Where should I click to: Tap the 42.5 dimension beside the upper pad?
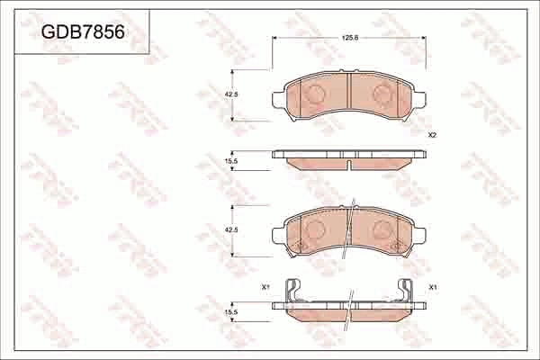(x=230, y=94)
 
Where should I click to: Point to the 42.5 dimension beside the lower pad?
(x=230, y=230)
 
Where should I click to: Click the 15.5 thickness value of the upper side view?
(x=230, y=160)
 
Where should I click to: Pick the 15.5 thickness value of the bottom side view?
(x=230, y=311)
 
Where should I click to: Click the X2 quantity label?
(x=432, y=135)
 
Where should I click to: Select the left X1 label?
(x=265, y=287)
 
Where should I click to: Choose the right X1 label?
(x=433, y=287)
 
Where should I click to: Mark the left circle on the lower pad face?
(x=315, y=230)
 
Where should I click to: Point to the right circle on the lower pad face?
(x=382, y=230)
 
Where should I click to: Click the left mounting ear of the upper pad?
(x=278, y=98)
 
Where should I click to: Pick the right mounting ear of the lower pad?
(x=420, y=236)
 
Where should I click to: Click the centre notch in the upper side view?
(x=349, y=166)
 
